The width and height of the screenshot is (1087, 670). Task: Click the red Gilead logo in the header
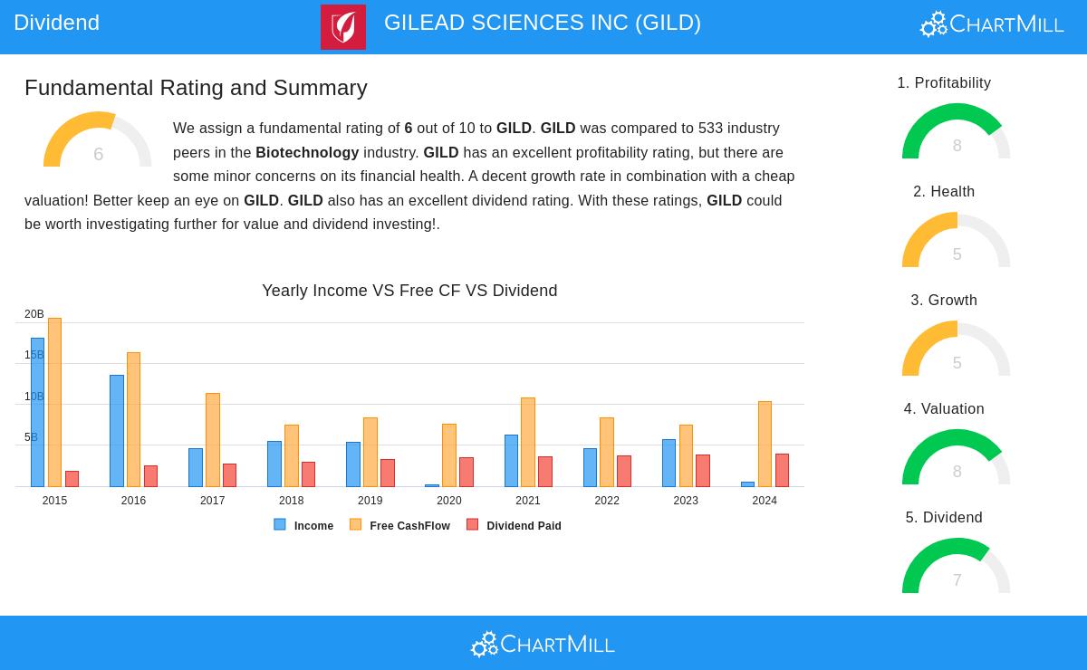343,26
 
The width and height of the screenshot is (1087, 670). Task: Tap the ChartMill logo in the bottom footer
543,644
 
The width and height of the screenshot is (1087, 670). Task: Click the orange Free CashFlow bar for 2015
54,402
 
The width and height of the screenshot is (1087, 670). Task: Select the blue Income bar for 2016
117,431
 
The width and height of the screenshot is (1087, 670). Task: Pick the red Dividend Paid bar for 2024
782,471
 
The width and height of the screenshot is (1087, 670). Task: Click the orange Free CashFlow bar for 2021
528,442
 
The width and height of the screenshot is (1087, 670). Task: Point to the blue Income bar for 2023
669,464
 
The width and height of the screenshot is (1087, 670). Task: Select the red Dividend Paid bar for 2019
388,473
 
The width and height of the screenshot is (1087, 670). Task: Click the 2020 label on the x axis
448,501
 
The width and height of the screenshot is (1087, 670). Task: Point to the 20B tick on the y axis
34,314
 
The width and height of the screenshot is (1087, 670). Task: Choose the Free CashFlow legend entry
399,525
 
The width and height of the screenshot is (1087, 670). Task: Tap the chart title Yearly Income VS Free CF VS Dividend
409,291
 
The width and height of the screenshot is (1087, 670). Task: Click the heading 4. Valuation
944,409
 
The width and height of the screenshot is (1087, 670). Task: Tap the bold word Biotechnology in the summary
307,152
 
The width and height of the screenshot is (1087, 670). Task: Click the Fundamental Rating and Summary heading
196,88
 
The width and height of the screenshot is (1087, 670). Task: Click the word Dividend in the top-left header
56,23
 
